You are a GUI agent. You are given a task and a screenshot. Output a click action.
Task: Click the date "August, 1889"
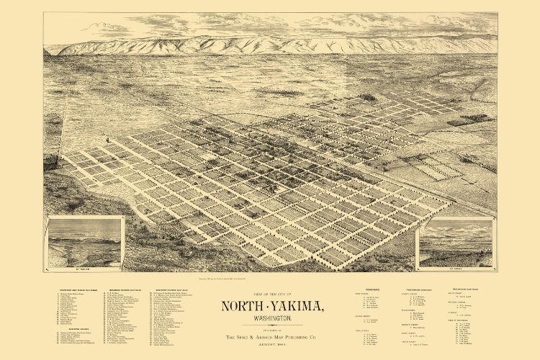(x=269, y=347)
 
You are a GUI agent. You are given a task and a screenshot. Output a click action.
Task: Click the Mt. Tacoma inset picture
(x=84, y=242)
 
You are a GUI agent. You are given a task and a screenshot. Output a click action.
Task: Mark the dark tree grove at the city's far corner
(x=369, y=96)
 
